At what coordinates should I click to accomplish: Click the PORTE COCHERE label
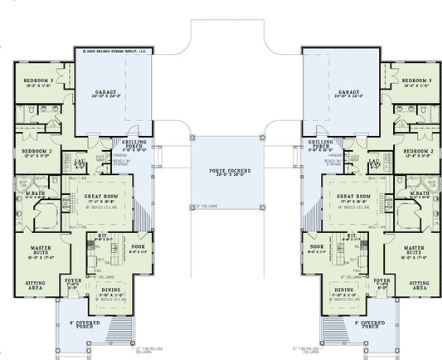coord(226,170)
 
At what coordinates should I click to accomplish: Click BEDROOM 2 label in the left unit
coord(36,152)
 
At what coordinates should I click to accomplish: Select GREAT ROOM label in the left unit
coord(104,196)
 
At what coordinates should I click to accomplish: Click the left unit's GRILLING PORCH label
coord(135,144)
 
